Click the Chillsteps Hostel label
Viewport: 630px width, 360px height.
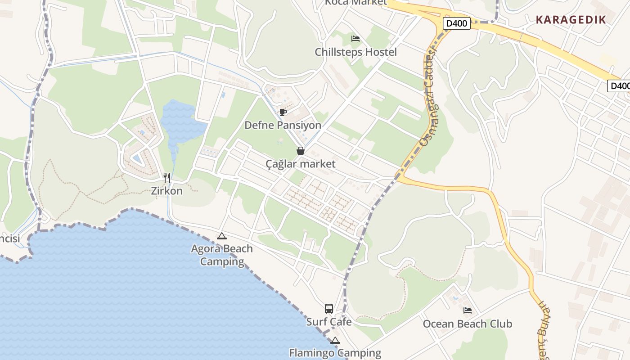pos(355,52)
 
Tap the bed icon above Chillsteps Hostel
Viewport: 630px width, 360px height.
pos(355,39)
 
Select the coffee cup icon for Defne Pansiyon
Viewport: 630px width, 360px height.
pos(283,112)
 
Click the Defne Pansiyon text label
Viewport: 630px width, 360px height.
pos(283,125)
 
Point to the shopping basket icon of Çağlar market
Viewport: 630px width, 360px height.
pos(300,151)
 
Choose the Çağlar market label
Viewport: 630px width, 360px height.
pos(300,164)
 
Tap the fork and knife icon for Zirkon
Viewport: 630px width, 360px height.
pos(167,178)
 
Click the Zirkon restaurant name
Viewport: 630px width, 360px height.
pos(167,191)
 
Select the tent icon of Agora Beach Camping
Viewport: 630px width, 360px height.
pos(222,236)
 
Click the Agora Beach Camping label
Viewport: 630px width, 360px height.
pos(222,255)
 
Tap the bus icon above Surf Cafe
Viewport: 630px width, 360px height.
pos(329,309)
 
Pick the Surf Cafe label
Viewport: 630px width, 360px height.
pos(329,322)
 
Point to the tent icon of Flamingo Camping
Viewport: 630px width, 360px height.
pos(335,341)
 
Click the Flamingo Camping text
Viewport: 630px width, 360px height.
pos(335,353)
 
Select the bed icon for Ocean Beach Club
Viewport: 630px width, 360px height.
pos(468,310)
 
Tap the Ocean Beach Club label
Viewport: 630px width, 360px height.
pos(468,324)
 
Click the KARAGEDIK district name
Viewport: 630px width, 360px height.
pos(571,20)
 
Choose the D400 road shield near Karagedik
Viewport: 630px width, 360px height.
pos(457,23)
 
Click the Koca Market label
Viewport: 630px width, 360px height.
pos(355,3)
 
